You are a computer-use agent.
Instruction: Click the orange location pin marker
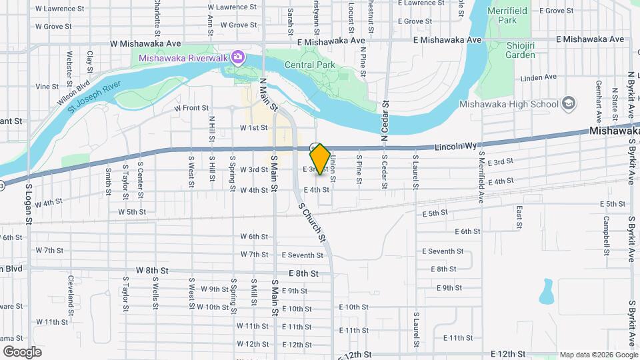tap(321, 159)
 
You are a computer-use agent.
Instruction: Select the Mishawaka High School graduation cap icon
tap(569, 103)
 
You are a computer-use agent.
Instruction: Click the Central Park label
tap(309, 65)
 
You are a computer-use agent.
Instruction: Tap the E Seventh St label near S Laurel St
tap(442, 251)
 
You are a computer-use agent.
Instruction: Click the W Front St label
tap(191, 107)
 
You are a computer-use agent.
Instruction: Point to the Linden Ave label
tap(539, 77)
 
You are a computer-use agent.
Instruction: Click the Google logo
tap(22, 352)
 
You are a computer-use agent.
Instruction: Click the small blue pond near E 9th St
tap(547, 291)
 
